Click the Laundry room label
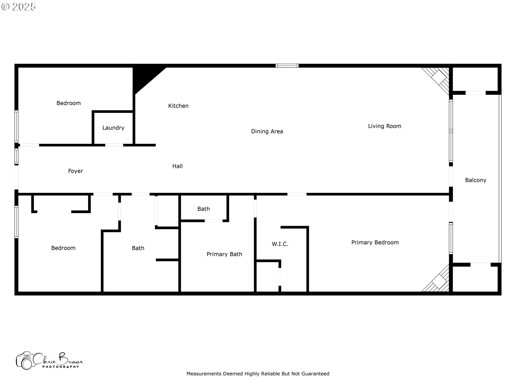(113, 128)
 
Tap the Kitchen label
(178, 106)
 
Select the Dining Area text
(267, 131)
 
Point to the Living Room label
(384, 126)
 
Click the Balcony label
(475, 180)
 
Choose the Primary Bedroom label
(375, 242)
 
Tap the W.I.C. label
(280, 244)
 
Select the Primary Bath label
(224, 254)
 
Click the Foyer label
(75, 171)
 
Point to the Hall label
(177, 166)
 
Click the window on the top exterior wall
(287, 66)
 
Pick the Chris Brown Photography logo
(49, 361)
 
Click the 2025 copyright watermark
(19, 7)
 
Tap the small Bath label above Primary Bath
(203, 209)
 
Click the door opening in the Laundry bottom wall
(114, 145)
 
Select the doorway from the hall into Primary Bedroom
(297, 194)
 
